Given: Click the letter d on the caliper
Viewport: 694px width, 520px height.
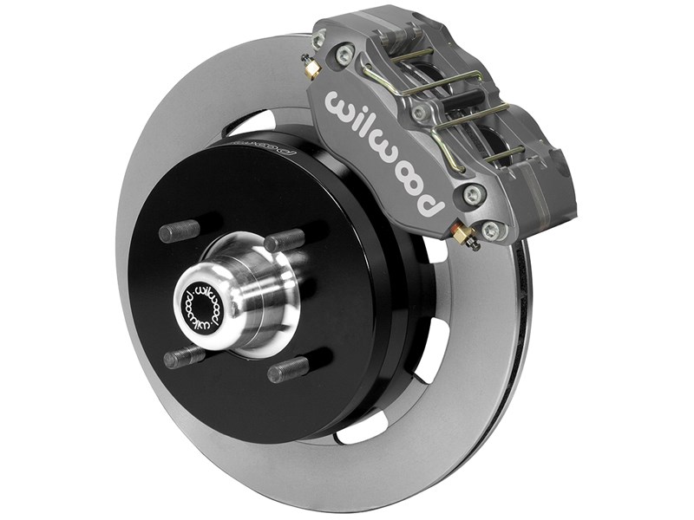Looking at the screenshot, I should point(431,207).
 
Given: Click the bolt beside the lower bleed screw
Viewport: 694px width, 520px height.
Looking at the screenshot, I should point(491,230).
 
